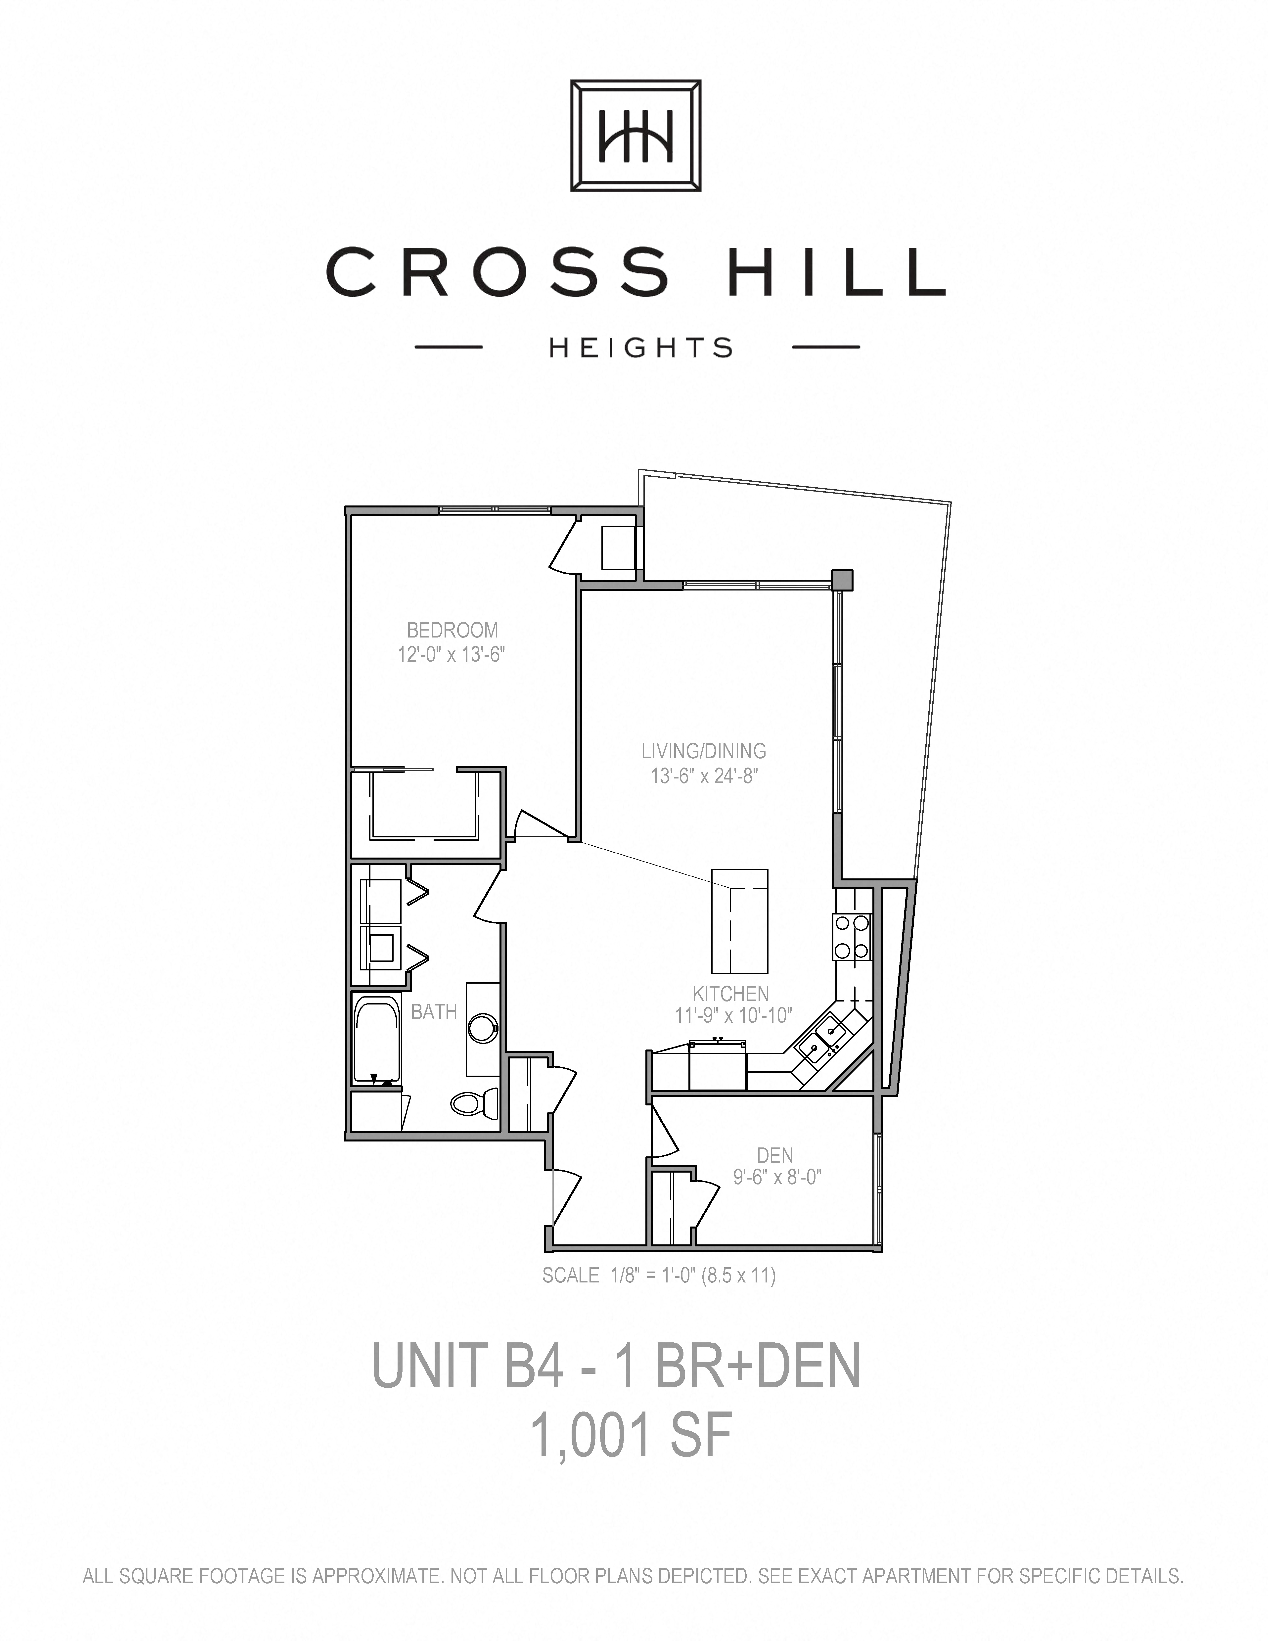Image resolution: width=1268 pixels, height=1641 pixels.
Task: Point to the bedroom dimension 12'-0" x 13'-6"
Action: [x=451, y=654]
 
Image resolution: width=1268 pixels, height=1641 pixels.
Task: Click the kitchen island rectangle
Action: [x=740, y=920]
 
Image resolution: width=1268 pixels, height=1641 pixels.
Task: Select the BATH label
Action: [x=434, y=1012]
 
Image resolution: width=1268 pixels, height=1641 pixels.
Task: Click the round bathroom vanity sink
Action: [x=482, y=1028]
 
